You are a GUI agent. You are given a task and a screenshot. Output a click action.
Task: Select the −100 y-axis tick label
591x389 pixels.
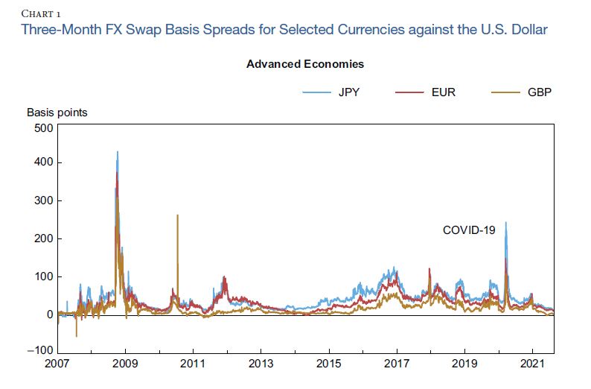pos(39,350)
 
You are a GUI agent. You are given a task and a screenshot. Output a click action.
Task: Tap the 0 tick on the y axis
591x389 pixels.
pos(48,314)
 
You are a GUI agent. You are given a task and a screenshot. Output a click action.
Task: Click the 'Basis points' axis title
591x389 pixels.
pos(57,113)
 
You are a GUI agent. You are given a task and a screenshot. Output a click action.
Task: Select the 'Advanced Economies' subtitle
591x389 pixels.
pos(305,64)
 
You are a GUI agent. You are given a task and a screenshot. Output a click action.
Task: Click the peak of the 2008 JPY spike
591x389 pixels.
pos(118,152)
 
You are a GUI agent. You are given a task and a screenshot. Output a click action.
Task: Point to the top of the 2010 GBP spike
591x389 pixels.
pos(177,215)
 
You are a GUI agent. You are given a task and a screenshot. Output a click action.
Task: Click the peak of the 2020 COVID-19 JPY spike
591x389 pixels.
pos(506,222)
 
